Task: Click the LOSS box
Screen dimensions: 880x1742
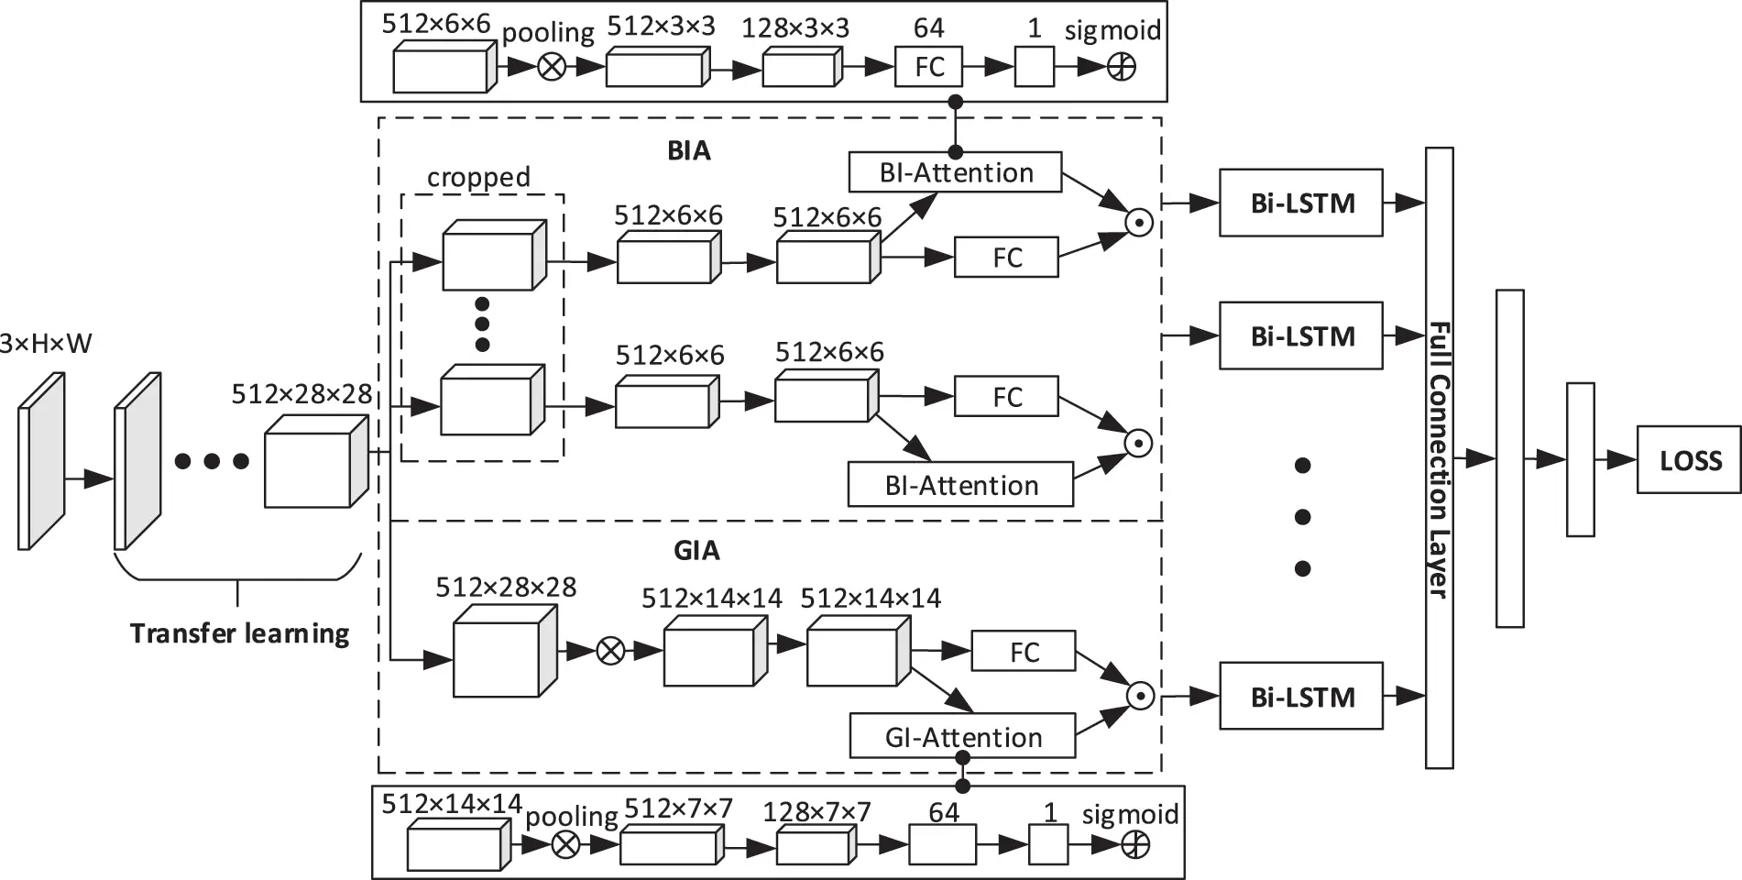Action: click(1688, 460)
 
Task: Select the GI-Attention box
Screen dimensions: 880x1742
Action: click(962, 737)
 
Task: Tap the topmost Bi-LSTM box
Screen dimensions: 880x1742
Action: click(1300, 203)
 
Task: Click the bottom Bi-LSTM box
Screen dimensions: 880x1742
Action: click(1300, 697)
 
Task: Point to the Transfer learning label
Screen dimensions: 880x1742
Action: click(239, 633)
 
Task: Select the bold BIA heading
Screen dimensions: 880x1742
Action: click(688, 150)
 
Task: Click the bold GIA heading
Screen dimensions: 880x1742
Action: click(696, 550)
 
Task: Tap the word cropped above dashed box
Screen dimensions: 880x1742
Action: click(478, 177)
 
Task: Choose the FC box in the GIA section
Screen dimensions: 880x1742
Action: click(1024, 652)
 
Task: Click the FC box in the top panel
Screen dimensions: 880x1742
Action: click(928, 67)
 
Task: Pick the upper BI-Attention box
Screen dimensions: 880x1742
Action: click(956, 172)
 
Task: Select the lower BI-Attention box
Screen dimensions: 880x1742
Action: click(960, 485)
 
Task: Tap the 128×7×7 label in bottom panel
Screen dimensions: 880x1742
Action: click(816, 811)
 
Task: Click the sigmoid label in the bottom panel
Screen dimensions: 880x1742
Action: click(1130, 814)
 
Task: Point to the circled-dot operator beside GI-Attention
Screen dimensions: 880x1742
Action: click(1140, 697)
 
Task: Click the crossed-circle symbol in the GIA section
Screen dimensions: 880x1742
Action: click(610, 651)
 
